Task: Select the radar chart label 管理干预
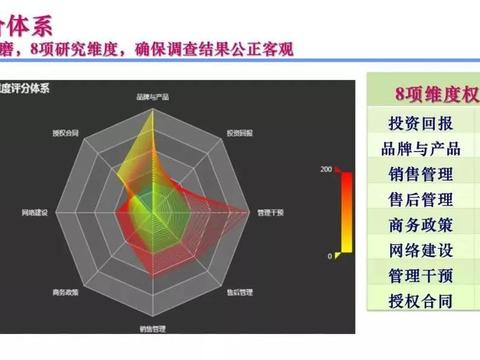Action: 271,212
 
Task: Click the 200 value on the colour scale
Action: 326,169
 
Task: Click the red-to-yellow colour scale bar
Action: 346,213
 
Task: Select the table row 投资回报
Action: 420,124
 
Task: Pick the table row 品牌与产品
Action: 420,149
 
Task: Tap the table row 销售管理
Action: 420,174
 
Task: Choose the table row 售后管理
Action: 420,199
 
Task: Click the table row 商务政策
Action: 420,224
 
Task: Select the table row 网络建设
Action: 420,249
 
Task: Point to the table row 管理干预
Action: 420,274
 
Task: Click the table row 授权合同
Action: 420,299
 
